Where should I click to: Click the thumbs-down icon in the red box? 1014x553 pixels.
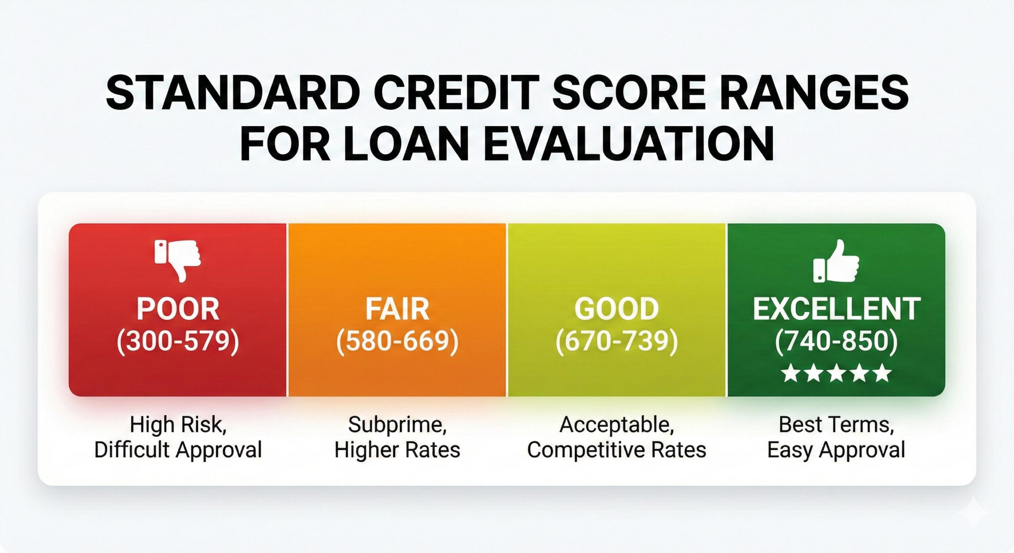[178, 260]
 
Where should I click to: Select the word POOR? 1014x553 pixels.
[178, 309]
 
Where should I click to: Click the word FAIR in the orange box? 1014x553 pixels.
[397, 309]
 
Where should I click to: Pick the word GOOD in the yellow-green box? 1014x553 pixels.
[617, 309]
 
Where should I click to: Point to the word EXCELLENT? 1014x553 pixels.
[836, 309]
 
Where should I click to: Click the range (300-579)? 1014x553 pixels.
[178, 341]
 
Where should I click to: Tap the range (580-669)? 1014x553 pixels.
[397, 341]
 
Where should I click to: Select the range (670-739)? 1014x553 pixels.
[617, 341]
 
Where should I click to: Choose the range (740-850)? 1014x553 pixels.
[836, 341]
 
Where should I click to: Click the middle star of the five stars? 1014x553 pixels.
[837, 373]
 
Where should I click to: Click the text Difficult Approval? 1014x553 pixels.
[178, 450]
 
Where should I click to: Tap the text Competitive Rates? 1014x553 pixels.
[617, 450]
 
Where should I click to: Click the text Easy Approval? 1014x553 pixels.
[836, 450]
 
